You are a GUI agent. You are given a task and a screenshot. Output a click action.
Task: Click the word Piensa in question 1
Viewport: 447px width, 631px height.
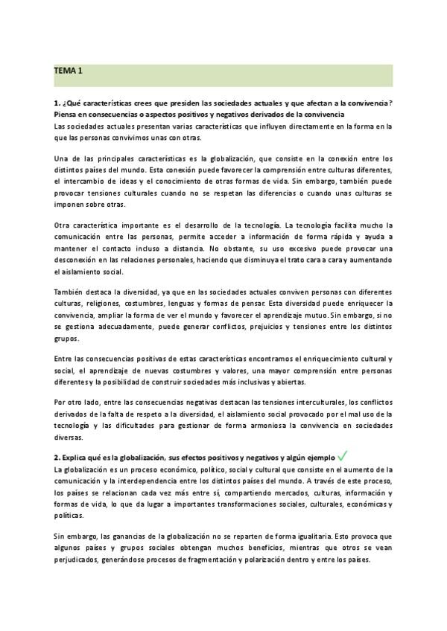67,115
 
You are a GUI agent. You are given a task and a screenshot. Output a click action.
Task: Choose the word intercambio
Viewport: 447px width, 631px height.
86,181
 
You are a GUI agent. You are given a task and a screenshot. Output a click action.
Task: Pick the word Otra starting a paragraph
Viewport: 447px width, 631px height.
64,225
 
